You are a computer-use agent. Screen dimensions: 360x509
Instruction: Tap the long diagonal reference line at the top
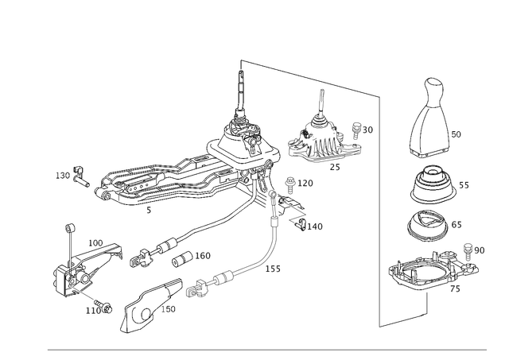[310, 77]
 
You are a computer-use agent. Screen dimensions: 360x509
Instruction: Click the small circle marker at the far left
[70, 228]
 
